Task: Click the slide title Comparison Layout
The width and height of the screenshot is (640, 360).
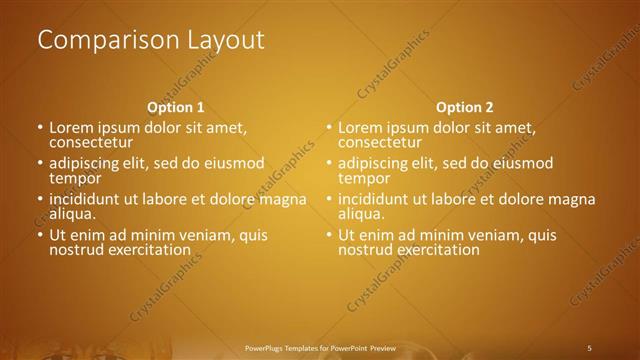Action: [151, 40]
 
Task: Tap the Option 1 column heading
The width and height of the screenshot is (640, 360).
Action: [176, 107]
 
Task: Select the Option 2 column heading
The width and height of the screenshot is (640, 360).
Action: [465, 107]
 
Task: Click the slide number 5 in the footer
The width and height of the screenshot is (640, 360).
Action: [589, 347]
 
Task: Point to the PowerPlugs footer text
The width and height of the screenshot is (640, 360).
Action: [320, 347]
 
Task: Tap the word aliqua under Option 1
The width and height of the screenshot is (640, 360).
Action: [73, 213]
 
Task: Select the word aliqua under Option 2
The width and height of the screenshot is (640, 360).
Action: [362, 213]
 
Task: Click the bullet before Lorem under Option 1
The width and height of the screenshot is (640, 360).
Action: [40, 129]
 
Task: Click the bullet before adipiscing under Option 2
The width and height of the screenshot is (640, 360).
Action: [329, 164]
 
